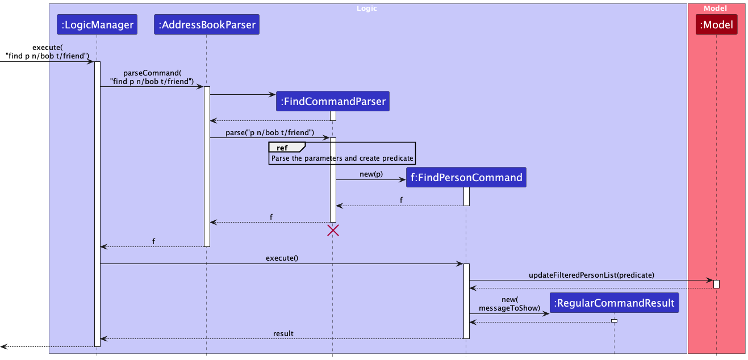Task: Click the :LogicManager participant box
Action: click(97, 25)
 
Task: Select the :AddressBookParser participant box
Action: click(207, 25)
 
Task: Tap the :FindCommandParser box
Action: click(333, 102)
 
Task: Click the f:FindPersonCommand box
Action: click(466, 178)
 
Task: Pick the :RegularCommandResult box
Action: click(614, 303)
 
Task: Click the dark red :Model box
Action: click(716, 25)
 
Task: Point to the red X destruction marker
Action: click(333, 230)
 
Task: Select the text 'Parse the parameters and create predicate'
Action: click(342, 158)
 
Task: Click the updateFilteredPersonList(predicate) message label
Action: click(591, 275)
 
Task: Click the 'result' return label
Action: click(283, 333)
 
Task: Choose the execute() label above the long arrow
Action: click(282, 258)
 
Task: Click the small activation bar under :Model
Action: click(716, 284)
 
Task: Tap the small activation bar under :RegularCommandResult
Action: click(614, 321)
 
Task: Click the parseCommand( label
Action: click(152, 74)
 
